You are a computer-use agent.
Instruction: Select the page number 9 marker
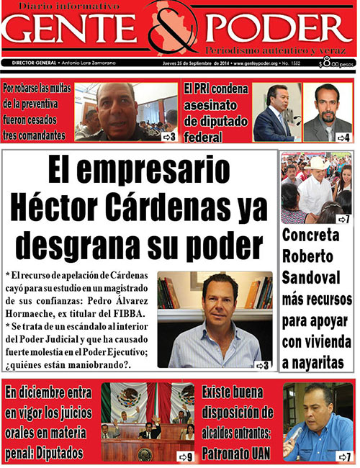coord(186,456)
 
